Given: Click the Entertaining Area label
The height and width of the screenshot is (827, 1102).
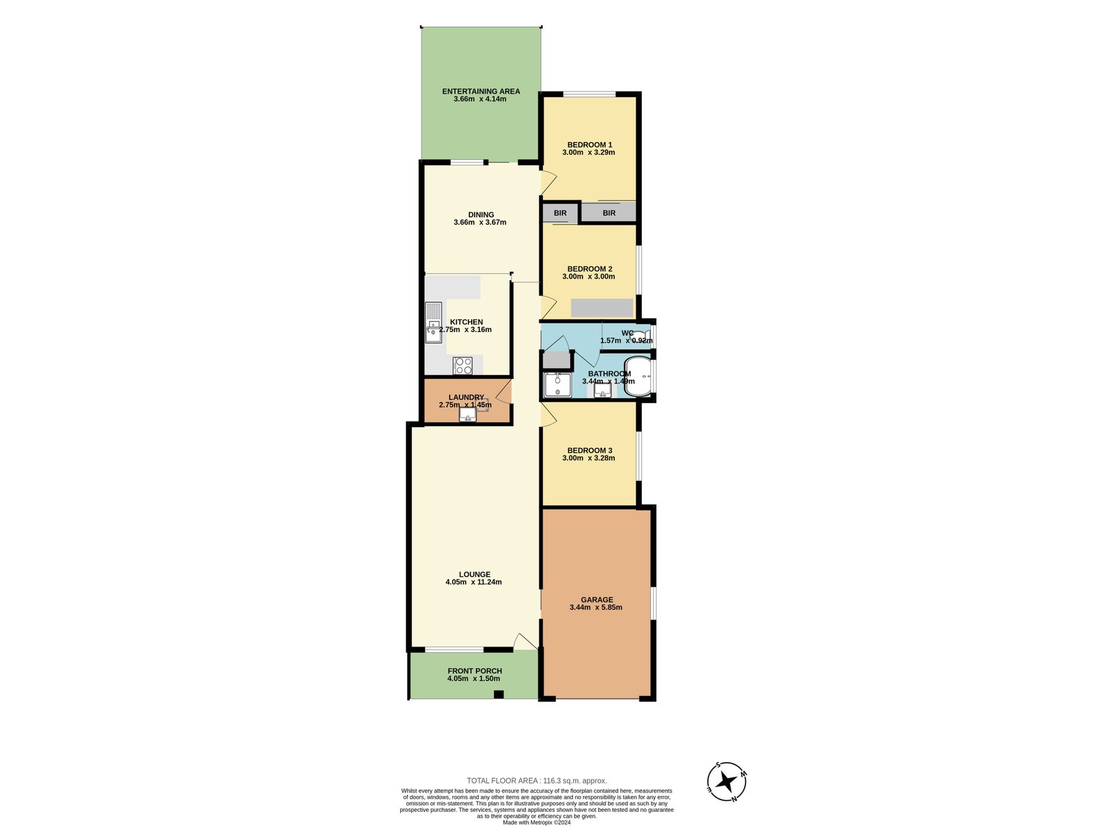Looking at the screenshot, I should pyautogui.click(x=481, y=91).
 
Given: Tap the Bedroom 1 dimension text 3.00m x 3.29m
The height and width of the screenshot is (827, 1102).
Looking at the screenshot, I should pyautogui.click(x=588, y=152).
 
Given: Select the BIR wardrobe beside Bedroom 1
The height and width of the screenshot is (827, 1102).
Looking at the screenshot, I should pyautogui.click(x=608, y=213).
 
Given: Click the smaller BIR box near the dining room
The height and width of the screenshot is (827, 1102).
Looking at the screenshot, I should pyautogui.click(x=560, y=213).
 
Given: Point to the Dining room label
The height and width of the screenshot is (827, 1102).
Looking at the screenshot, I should pyautogui.click(x=481, y=214).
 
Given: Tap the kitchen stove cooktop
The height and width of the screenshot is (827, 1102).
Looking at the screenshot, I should pyautogui.click(x=463, y=365).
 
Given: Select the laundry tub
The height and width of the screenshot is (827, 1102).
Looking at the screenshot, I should pyautogui.click(x=468, y=414).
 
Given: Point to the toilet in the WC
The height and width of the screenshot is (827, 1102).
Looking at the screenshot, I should pyautogui.click(x=639, y=336).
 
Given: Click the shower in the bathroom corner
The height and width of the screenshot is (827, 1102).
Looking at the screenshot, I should pyautogui.click(x=557, y=385).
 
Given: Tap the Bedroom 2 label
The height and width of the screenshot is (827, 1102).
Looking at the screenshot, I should pyautogui.click(x=590, y=269).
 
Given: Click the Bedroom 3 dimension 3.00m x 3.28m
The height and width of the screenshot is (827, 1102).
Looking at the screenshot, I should pyautogui.click(x=588, y=458).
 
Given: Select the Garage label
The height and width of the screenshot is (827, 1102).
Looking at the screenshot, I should pyautogui.click(x=596, y=600).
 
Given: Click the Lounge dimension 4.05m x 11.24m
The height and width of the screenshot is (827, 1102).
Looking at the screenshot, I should pyautogui.click(x=473, y=582).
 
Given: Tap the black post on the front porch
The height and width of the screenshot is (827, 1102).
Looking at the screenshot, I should pyautogui.click(x=499, y=694).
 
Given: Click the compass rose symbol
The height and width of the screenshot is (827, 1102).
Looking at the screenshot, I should pyautogui.click(x=726, y=782).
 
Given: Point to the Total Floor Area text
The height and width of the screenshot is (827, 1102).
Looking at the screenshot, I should pyautogui.click(x=537, y=781).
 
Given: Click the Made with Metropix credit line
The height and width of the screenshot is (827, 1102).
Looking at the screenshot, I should pyautogui.click(x=537, y=822).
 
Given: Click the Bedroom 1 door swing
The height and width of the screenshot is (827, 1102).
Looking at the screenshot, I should pyautogui.click(x=548, y=182).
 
